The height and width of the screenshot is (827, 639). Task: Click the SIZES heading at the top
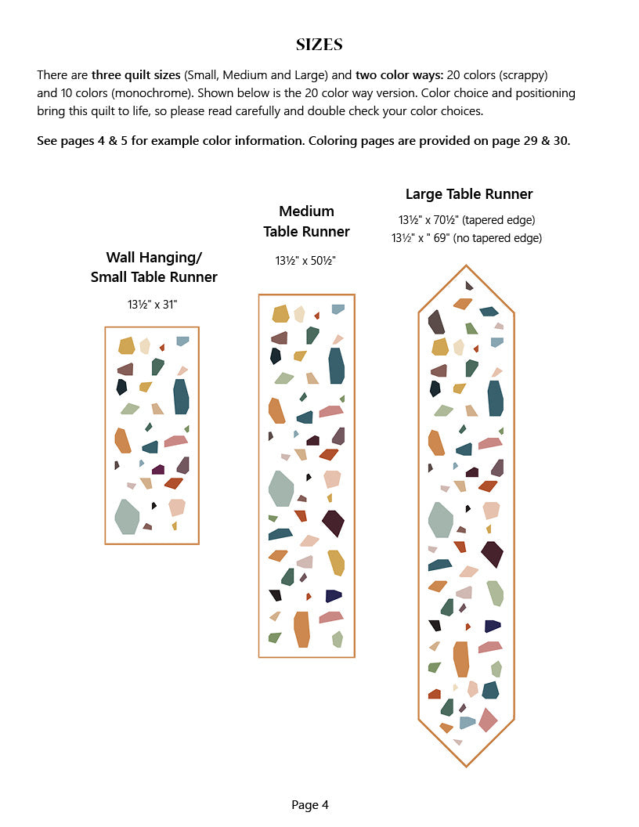click(x=319, y=45)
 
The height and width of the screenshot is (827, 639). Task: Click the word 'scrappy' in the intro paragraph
click(x=521, y=75)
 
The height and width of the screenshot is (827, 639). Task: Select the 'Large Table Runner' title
click(x=469, y=194)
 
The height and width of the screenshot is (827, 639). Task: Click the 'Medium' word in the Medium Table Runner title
click(x=306, y=211)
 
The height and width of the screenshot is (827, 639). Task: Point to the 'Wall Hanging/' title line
click(x=153, y=258)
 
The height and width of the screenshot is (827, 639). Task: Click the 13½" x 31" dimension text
click(x=153, y=305)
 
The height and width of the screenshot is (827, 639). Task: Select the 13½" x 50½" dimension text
click(x=305, y=261)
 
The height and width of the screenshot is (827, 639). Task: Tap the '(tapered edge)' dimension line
click(x=468, y=220)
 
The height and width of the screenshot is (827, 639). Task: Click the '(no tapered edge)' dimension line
click(x=468, y=238)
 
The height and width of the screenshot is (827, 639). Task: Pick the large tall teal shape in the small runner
click(x=181, y=396)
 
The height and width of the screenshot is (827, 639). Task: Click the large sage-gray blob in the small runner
click(x=127, y=516)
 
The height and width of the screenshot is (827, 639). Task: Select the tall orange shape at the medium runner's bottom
click(x=302, y=629)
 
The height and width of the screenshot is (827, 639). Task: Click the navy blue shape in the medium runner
click(x=334, y=596)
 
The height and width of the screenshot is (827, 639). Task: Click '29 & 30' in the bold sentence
click(x=549, y=141)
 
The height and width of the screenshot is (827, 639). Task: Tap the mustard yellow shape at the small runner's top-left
click(x=127, y=345)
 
